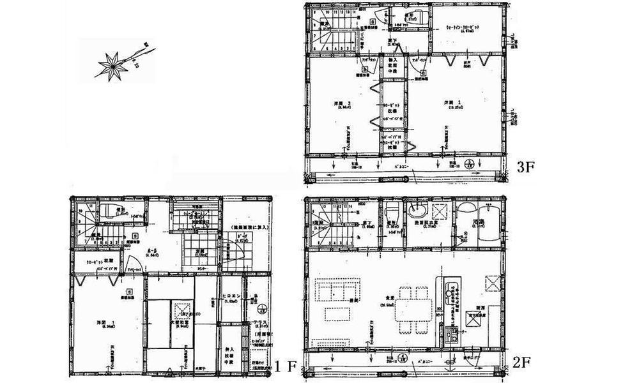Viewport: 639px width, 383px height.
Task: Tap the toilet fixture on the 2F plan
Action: click(390, 211)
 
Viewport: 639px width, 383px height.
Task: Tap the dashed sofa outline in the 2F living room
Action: click(330, 290)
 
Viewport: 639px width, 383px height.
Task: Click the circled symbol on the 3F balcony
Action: click(469, 163)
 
